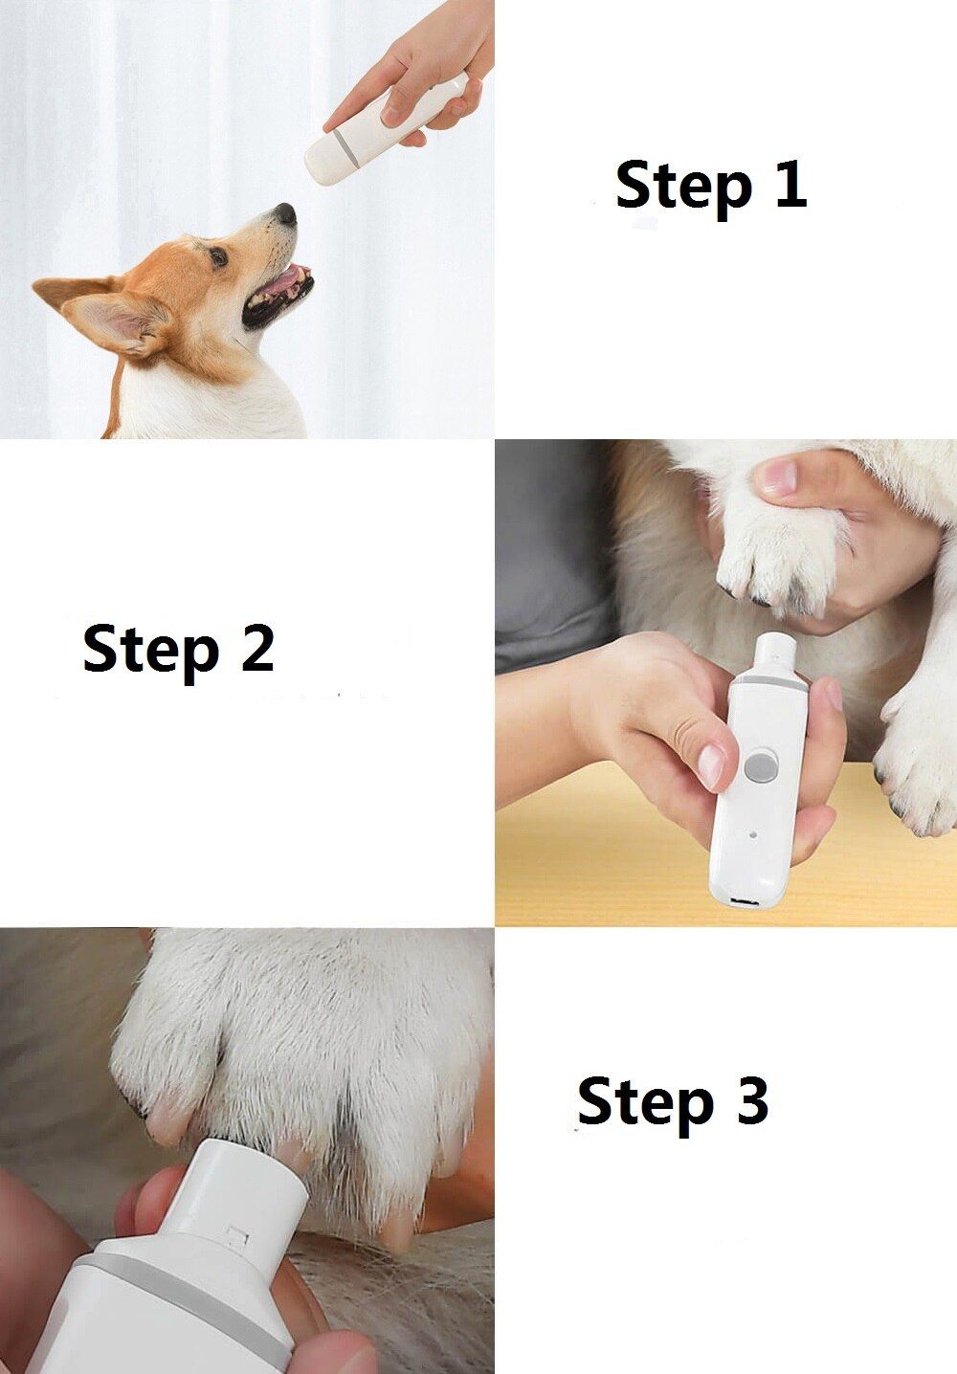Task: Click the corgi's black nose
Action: pos(285,213)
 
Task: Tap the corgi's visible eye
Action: pos(219,256)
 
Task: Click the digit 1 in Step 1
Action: pos(790,184)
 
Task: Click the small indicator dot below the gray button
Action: pos(755,833)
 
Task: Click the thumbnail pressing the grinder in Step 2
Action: pos(712,766)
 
